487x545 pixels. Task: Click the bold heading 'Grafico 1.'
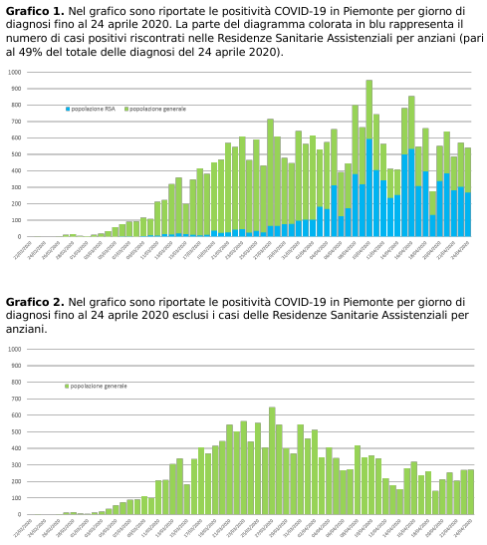point(35,10)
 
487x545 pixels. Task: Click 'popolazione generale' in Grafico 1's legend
point(157,109)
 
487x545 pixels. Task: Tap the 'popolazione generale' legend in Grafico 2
point(99,386)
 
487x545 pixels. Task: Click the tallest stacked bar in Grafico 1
point(368,149)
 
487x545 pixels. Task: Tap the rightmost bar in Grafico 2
point(470,492)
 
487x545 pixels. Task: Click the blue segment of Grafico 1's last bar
point(468,215)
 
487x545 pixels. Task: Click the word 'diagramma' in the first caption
point(202,24)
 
